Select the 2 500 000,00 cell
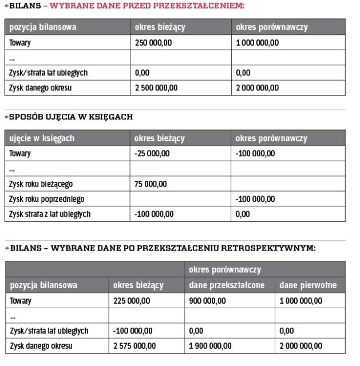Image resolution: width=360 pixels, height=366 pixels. [156, 87]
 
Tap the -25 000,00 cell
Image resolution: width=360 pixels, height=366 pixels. [151, 154]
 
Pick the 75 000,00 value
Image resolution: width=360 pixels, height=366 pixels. [150, 184]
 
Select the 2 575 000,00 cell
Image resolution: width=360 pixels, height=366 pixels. [134, 346]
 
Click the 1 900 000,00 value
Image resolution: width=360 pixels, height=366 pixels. [209, 346]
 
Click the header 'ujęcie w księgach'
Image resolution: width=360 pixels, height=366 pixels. [41, 139]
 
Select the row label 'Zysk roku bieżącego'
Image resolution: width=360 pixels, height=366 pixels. [41, 184]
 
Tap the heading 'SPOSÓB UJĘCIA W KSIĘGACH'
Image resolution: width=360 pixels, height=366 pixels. [71, 117]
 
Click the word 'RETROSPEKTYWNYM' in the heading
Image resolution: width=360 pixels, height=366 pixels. [272, 248]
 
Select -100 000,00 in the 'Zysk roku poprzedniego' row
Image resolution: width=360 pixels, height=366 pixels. [255, 199]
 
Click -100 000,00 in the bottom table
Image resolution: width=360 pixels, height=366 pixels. [133, 331]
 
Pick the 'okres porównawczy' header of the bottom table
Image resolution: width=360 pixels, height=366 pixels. [224, 269]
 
